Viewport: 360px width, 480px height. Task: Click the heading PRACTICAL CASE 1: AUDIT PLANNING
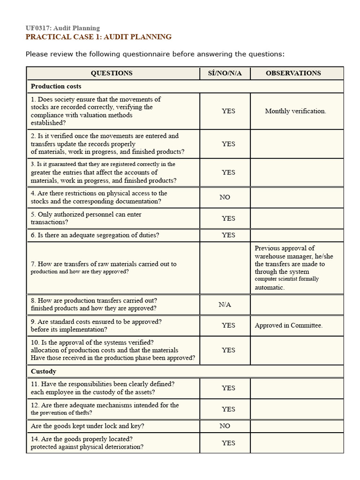pos(98,37)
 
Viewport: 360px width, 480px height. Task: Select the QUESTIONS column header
pos(112,73)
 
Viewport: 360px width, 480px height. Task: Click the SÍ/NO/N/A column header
pos(225,73)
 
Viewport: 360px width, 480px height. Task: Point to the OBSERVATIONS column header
pos(293,73)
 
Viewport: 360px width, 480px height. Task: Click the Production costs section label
pos(56,86)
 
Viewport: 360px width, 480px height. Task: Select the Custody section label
pos(44,371)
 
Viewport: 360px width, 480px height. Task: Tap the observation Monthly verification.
pos(295,111)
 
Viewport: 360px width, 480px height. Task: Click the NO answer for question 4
pos(225,197)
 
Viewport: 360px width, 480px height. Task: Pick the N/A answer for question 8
pos(225,305)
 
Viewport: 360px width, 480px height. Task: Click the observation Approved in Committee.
pos(289,325)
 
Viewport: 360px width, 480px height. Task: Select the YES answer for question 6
pos(228,235)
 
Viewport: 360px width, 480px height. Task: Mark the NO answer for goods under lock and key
pos(225,426)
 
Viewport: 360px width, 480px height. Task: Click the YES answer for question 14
pos(228,443)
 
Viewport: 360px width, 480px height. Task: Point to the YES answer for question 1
pos(228,111)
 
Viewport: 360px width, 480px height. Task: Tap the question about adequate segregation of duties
pos(95,235)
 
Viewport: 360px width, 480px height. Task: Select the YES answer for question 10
pos(228,350)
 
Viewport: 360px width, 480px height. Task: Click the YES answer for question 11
pos(228,388)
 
